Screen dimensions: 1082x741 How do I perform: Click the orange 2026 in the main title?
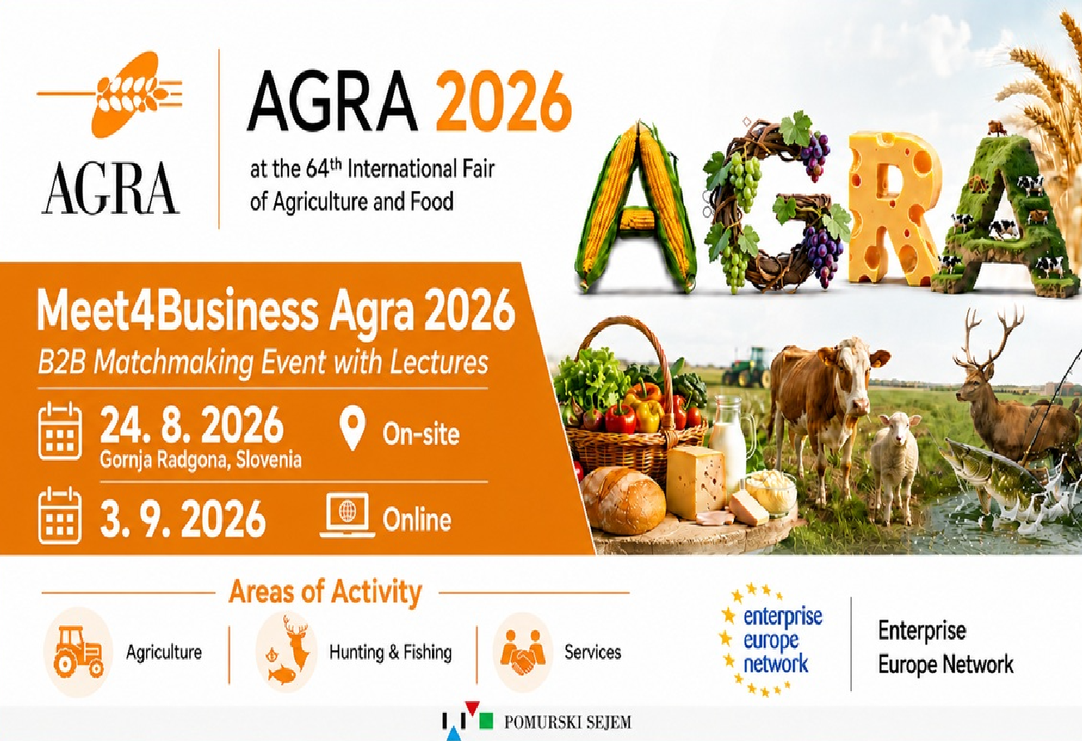(504, 101)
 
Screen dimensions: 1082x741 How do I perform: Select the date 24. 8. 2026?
(192, 425)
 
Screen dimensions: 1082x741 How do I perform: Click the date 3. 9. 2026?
(183, 519)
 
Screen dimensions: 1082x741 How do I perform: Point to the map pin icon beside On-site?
(352, 428)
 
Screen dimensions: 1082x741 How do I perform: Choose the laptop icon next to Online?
(347, 516)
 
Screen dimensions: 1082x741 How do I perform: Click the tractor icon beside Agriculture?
(79, 652)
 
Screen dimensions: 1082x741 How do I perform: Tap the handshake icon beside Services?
(523, 652)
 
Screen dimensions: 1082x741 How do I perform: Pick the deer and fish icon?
(287, 650)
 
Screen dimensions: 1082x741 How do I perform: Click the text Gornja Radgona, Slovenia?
(200, 460)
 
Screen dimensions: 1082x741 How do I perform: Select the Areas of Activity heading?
(326, 591)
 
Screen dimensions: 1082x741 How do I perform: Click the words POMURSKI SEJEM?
(568, 723)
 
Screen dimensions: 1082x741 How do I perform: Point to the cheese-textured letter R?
(893, 208)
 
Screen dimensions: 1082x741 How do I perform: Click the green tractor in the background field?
(746, 368)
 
